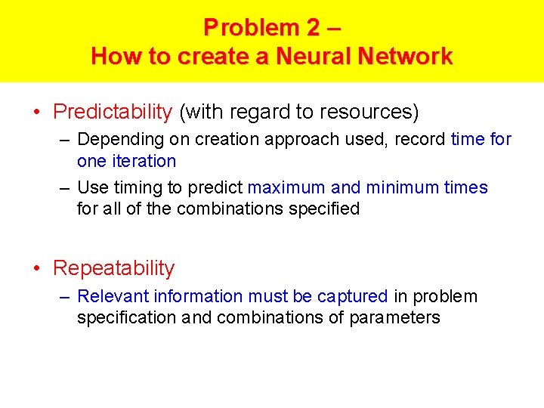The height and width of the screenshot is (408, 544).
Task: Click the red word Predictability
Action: [x=113, y=112]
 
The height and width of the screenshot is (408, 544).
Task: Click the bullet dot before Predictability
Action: [x=37, y=113]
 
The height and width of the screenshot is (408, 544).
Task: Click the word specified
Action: [x=323, y=209]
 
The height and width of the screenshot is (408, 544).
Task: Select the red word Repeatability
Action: [x=113, y=268]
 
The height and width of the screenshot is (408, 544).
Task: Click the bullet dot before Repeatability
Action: [x=37, y=269]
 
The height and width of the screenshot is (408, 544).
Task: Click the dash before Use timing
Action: [x=66, y=187]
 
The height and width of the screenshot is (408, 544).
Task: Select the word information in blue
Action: [x=194, y=296]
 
